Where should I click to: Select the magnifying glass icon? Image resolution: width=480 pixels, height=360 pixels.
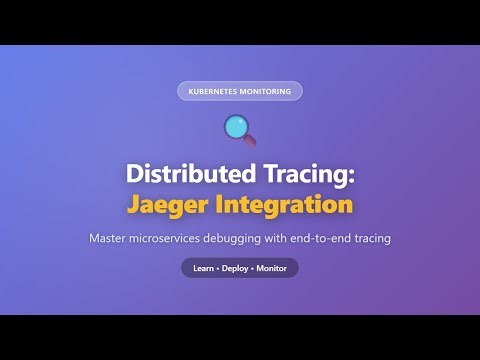pos(239,129)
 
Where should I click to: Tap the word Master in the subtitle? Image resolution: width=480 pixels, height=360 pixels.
pos(112,239)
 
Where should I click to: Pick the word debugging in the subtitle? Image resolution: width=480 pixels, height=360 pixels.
pos(271,239)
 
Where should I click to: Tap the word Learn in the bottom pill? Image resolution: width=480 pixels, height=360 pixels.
pos(204,268)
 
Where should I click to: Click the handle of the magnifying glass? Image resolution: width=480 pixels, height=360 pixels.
pos(250,140)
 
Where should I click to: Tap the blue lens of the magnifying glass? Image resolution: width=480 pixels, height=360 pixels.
pos(236,126)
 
